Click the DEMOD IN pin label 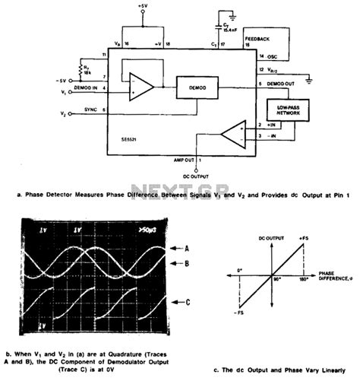point(90,89)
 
